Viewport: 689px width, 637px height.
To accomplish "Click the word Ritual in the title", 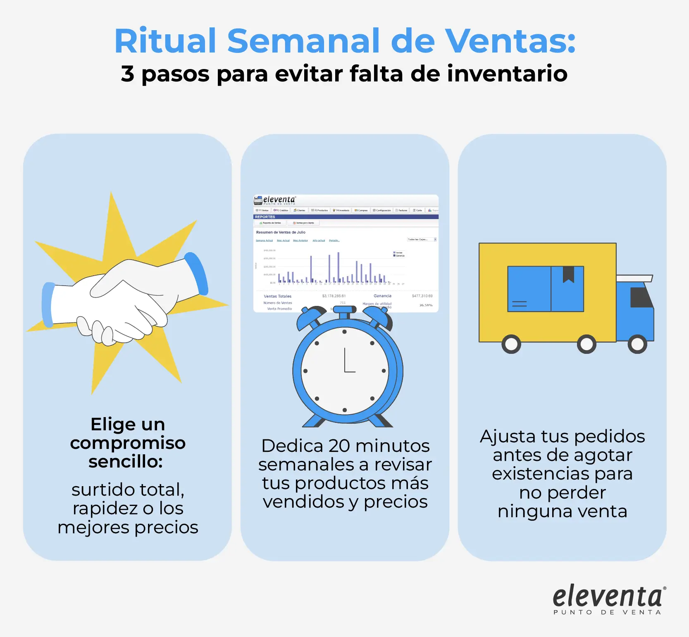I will tap(165, 41).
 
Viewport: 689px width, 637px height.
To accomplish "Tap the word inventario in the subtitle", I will tap(507, 74).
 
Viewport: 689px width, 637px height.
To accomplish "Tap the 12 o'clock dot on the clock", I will tap(345, 332).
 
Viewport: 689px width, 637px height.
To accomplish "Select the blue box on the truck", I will tap(545, 289).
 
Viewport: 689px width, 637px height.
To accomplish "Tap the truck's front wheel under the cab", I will tap(637, 344).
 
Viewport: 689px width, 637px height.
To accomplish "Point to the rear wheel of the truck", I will tap(511, 344).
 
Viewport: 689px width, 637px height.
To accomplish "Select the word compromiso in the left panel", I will tap(128, 443).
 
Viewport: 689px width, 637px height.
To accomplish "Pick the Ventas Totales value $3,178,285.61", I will tap(334, 296).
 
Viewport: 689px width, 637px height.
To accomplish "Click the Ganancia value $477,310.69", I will tap(422, 296).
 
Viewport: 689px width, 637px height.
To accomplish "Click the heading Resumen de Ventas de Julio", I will tap(281, 232).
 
